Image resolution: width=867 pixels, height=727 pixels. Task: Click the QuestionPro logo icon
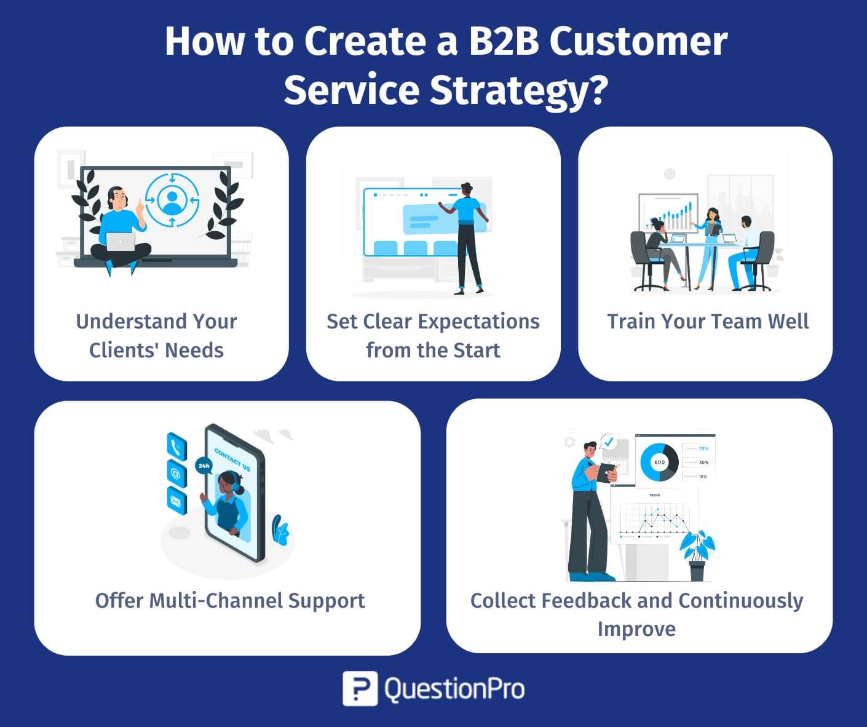(x=360, y=688)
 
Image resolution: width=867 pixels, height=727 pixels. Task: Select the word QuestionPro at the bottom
(x=454, y=688)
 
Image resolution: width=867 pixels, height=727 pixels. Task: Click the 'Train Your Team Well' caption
(x=708, y=322)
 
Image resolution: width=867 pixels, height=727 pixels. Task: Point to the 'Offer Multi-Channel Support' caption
(x=230, y=600)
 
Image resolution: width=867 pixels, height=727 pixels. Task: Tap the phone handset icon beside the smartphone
(x=176, y=446)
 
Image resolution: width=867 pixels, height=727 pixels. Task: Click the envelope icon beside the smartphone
(x=176, y=500)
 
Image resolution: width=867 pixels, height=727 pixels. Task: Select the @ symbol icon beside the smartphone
(x=176, y=473)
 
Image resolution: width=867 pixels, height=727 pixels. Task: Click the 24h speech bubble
(x=204, y=466)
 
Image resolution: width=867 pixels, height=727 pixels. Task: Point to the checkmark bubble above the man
(x=609, y=442)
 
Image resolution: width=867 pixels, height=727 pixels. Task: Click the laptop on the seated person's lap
(x=121, y=241)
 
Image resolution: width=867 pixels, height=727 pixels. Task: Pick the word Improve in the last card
(x=636, y=629)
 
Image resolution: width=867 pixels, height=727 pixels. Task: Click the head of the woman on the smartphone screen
(x=228, y=483)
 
